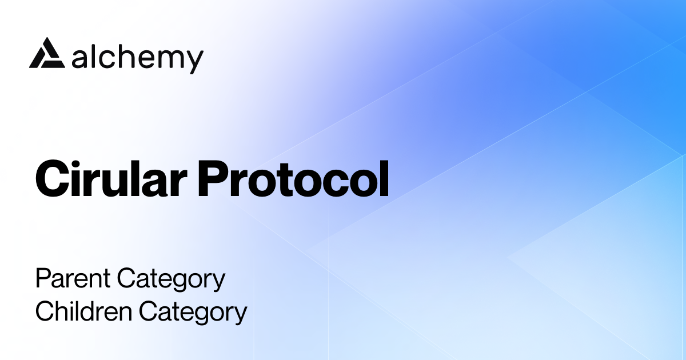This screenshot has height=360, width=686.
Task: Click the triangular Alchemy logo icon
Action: pos(45,54)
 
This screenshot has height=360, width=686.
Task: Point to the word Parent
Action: pos(73,279)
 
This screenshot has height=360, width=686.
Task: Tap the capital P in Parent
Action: pos(42,279)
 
